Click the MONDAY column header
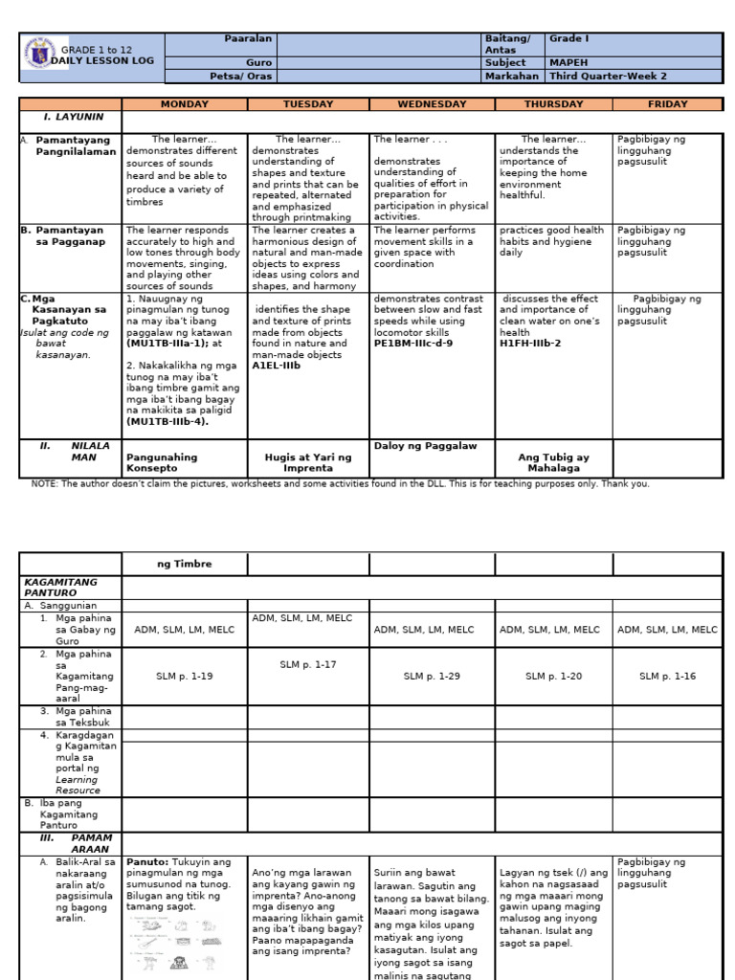click(x=185, y=104)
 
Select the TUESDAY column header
click(x=308, y=104)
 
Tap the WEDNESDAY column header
click(x=432, y=104)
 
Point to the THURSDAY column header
click(x=553, y=104)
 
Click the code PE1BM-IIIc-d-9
click(x=413, y=343)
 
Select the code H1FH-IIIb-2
click(x=530, y=343)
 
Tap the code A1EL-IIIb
click(x=277, y=366)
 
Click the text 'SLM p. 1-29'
click(x=432, y=677)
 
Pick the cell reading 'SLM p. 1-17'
click(x=308, y=664)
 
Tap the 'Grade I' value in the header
click(x=568, y=39)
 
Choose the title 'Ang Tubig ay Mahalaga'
click(x=554, y=463)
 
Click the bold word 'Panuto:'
click(x=147, y=861)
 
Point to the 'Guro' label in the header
click(x=259, y=62)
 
